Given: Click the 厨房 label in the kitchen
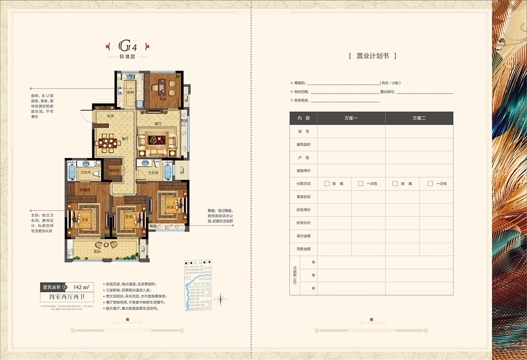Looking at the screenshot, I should [x=130, y=93].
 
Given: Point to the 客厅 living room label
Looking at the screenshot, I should [x=158, y=123].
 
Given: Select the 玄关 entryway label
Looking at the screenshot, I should [x=110, y=116].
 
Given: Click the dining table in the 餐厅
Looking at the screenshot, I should [x=109, y=143].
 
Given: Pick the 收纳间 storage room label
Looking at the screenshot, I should [x=114, y=170].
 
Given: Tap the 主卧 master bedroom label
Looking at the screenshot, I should [x=85, y=220].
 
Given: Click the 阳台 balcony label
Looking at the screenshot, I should [x=97, y=251].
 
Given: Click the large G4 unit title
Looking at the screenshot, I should [x=128, y=47].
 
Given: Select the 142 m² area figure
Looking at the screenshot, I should [x=81, y=287].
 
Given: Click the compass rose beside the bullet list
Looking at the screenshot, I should [x=221, y=300].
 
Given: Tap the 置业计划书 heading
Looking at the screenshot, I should [x=372, y=56].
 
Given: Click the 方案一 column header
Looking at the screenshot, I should [x=351, y=118].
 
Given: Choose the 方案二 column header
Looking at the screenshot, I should [x=419, y=118].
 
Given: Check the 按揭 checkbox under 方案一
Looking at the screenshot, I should [x=327, y=184].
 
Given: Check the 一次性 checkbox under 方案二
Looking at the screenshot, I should [x=430, y=184].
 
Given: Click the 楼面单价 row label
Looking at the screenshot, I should [x=303, y=170].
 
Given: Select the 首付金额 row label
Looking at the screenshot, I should [x=303, y=236].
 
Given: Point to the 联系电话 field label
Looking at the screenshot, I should [x=302, y=101].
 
